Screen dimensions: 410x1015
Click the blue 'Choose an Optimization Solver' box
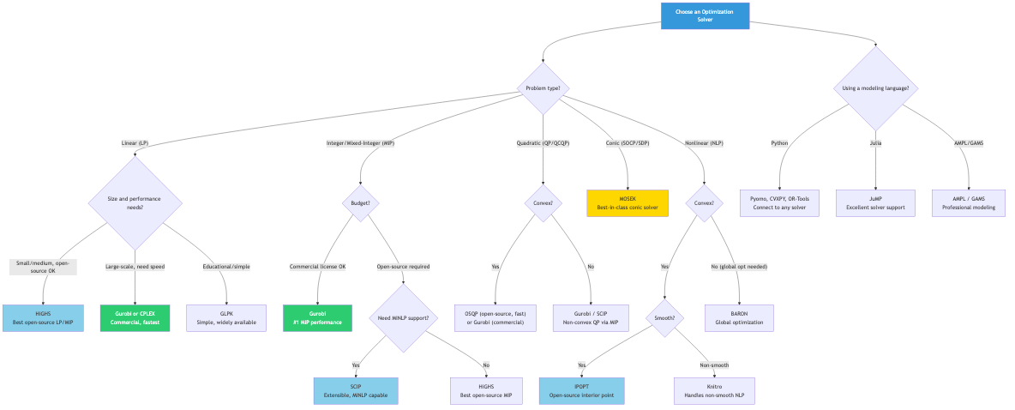[705, 15]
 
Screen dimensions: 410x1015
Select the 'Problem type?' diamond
[543, 87]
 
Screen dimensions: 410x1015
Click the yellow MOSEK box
[627, 202]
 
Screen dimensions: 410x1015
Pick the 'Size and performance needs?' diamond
[135, 203]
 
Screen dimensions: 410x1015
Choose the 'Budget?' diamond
[361, 203]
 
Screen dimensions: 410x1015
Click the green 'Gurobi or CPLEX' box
[135, 318]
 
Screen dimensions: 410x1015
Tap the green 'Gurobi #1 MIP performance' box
[317, 318]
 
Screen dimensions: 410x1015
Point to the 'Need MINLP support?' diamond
[403, 318]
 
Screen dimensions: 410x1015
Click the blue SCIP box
[355, 391]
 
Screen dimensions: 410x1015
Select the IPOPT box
[582, 391]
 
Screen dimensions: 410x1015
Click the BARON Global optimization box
[739, 318]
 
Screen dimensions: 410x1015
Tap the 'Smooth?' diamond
[664, 318]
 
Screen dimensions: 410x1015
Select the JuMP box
[875, 202]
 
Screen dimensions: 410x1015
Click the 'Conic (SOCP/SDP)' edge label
[628, 143]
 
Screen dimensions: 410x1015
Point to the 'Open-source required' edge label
[403, 267]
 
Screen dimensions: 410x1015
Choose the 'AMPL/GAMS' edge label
[969, 143]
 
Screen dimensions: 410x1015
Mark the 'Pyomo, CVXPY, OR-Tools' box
[779, 202]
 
